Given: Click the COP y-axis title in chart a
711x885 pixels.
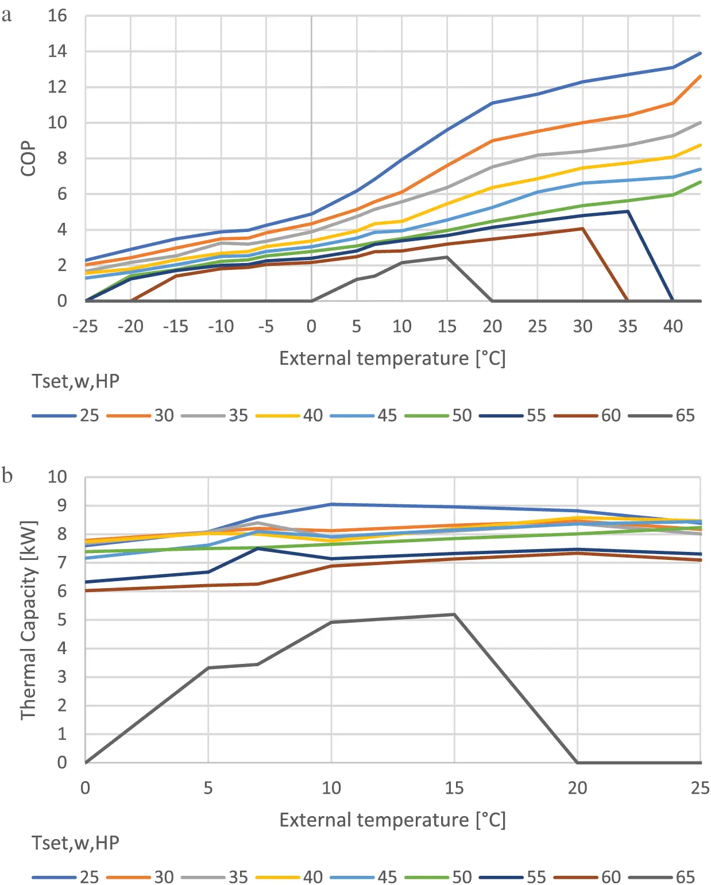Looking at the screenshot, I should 28,159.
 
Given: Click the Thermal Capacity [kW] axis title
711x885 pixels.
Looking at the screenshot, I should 28,620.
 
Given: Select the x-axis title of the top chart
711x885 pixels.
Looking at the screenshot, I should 392,358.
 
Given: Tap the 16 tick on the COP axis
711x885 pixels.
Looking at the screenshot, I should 57,16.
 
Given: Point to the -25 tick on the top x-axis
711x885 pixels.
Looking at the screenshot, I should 85,327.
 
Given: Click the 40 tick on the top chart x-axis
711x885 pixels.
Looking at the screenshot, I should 673,327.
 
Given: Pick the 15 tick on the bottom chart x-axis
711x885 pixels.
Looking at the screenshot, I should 454,788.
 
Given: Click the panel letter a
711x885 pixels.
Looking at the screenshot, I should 7,15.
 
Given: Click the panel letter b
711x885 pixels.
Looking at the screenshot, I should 7,476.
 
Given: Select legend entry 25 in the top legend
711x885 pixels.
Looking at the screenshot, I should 65,415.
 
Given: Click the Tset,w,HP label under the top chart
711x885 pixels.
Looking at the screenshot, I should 75,381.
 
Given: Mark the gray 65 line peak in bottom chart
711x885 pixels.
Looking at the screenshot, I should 454,615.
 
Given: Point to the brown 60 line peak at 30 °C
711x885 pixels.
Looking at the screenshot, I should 582,229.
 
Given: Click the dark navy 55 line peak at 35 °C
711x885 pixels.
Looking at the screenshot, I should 628,211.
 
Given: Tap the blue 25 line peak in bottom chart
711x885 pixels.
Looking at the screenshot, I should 331,504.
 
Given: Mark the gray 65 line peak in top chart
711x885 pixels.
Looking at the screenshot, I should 447,257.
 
